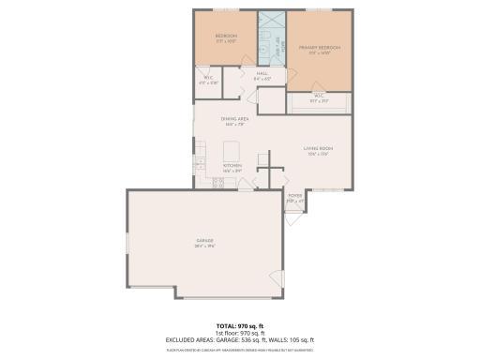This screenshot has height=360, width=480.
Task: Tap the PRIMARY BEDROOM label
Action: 319,47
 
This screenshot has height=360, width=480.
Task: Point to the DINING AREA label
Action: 234,119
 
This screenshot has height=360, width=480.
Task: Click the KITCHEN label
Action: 232,166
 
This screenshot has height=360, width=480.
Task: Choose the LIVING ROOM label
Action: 319,149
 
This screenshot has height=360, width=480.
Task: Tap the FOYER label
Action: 295,197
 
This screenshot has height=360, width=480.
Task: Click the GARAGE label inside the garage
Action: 204,241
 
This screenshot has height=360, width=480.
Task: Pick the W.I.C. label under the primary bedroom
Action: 319,95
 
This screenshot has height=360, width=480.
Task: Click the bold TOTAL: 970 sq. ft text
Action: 239,324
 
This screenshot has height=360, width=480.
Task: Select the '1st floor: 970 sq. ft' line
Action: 239,332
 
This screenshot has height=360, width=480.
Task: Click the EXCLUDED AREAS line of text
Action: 239,339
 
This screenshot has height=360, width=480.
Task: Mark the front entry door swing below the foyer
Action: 294,219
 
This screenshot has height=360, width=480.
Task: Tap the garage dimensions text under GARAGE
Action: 204,247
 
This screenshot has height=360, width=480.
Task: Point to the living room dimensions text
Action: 319,155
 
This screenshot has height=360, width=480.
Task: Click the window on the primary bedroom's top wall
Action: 319,10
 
